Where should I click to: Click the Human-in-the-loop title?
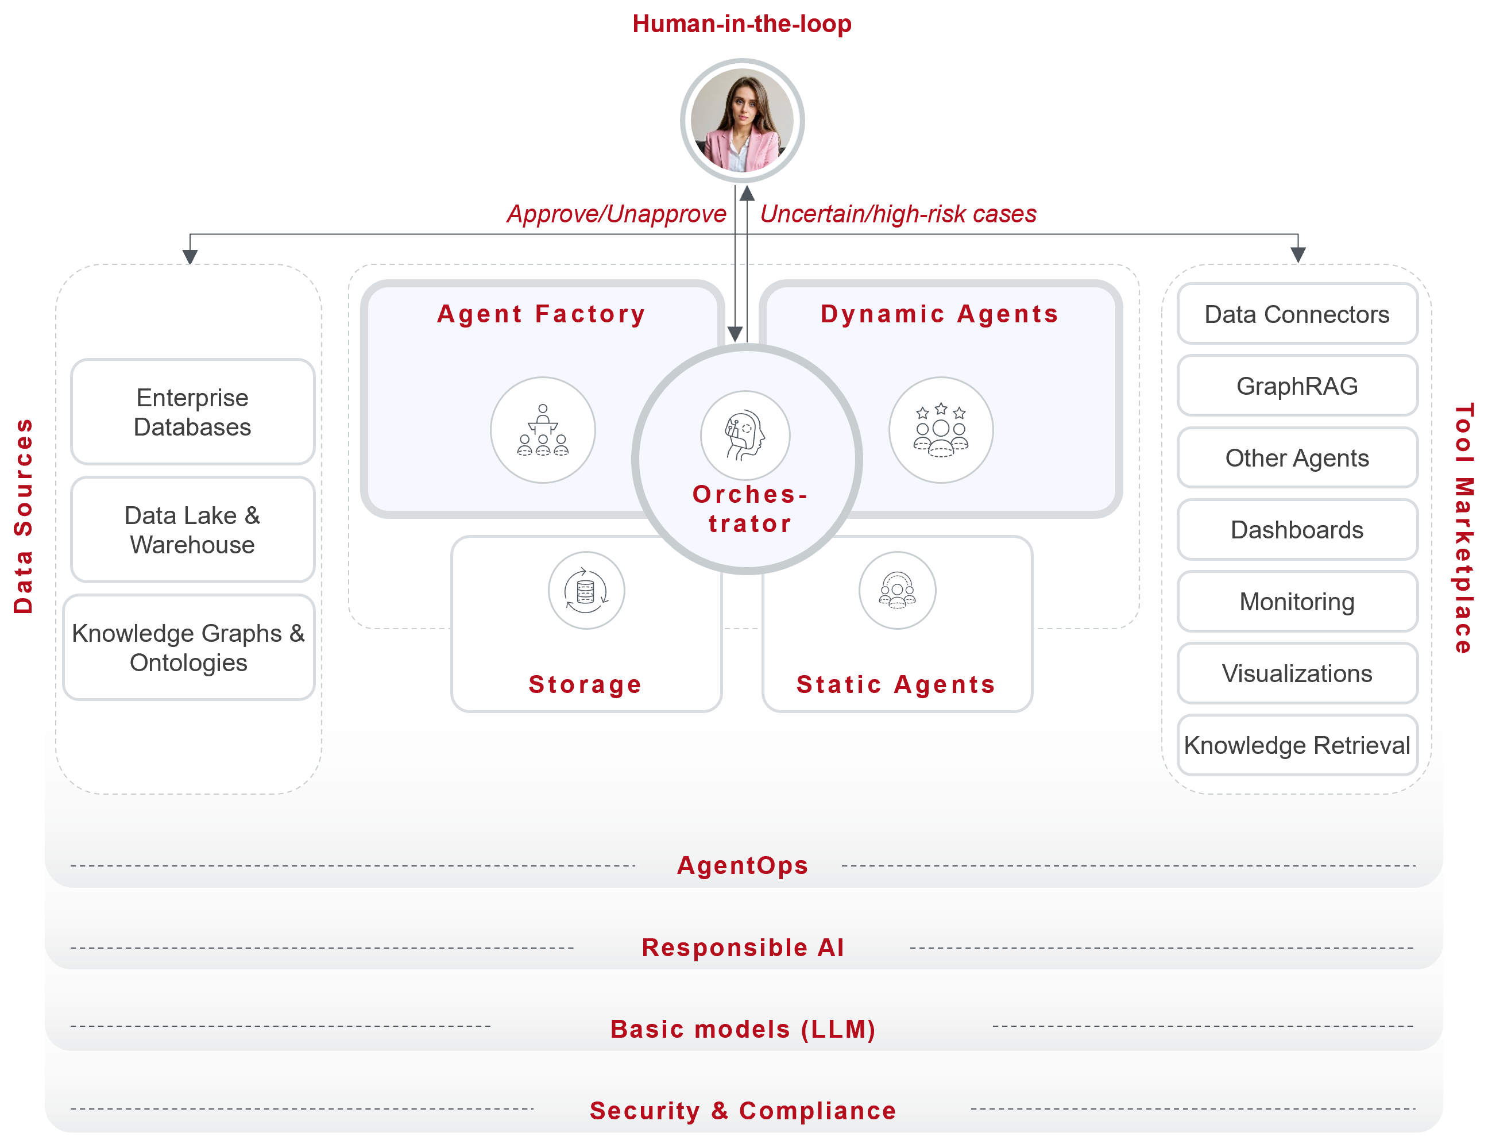[742, 25]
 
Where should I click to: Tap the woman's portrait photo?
[742, 121]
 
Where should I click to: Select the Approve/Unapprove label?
[616, 214]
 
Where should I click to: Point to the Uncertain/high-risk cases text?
[898, 214]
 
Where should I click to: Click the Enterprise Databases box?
[192, 412]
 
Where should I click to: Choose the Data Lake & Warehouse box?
[192, 530]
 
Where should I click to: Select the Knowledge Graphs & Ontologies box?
[188, 648]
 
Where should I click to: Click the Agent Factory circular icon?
[543, 430]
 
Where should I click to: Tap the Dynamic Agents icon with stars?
[941, 430]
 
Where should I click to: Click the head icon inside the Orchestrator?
[745, 435]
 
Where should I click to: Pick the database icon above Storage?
[586, 590]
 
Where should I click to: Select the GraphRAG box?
[1297, 386]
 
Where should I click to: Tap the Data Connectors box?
[1297, 314]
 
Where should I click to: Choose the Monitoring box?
[1297, 602]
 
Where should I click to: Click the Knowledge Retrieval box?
[1297, 745]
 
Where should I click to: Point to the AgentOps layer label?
[743, 865]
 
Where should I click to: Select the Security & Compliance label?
[743, 1110]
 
